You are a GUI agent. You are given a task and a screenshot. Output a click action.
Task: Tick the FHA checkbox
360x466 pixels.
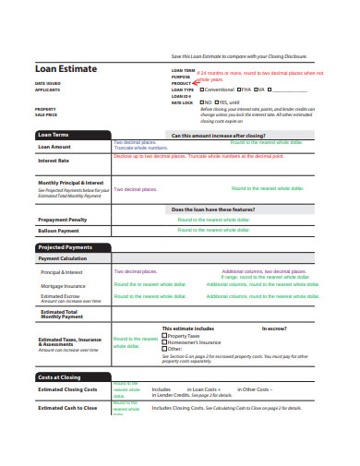(240, 90)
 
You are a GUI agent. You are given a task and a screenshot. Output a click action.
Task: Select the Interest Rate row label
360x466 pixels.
(53, 161)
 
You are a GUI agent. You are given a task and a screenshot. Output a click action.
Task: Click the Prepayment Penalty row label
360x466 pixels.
(62, 220)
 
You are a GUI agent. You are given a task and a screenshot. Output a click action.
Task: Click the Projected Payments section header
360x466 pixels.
(66, 248)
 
